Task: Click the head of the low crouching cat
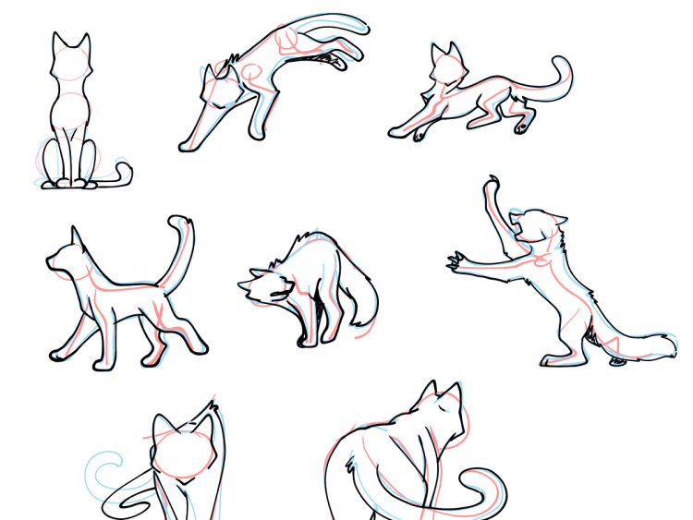point(445,66)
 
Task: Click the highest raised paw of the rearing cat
point(491,185)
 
